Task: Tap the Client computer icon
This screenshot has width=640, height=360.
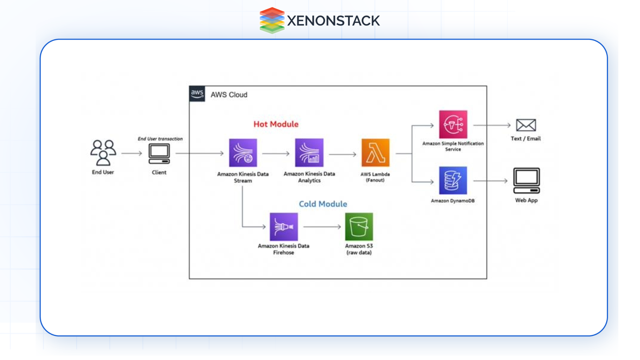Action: (x=159, y=154)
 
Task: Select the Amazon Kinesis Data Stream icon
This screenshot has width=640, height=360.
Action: (x=243, y=153)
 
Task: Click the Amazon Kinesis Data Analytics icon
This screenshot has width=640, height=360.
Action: (x=309, y=153)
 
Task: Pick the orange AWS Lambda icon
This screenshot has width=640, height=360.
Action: (x=375, y=153)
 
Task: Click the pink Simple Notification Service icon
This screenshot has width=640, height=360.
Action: (x=453, y=124)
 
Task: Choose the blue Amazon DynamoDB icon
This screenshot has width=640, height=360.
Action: (x=453, y=180)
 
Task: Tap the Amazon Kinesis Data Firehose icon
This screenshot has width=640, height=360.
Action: (x=284, y=227)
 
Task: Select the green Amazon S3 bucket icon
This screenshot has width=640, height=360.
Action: (x=359, y=227)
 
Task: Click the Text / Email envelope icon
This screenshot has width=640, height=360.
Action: (x=526, y=125)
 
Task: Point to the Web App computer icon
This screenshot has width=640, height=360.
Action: (x=526, y=181)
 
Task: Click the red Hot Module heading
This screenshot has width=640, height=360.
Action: (x=276, y=124)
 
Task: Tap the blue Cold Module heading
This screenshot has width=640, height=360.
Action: (x=323, y=204)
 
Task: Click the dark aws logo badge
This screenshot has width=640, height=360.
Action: (x=197, y=94)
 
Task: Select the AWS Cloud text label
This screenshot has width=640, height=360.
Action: (x=229, y=95)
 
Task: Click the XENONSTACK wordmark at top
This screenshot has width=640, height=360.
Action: (x=333, y=21)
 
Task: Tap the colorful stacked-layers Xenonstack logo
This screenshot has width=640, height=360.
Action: (x=272, y=20)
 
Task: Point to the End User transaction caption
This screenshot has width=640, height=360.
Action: (x=160, y=139)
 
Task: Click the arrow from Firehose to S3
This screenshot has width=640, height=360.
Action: (x=322, y=227)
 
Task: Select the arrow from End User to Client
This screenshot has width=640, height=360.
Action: (x=132, y=153)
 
